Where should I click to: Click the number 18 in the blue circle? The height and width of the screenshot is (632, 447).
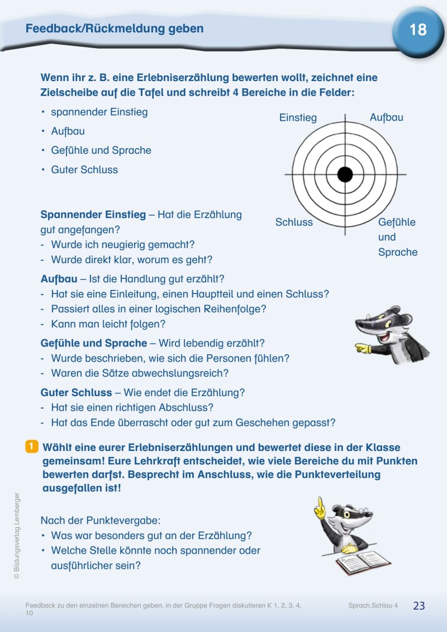pyautogui.click(x=418, y=30)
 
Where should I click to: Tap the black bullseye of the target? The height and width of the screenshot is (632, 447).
pyautogui.click(x=345, y=175)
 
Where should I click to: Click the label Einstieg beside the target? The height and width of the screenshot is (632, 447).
pyautogui.click(x=298, y=118)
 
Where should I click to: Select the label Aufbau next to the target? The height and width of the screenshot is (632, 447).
pyautogui.click(x=386, y=117)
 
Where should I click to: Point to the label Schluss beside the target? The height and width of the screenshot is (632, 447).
pyautogui.click(x=294, y=222)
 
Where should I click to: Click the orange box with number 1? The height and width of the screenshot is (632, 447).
pyautogui.click(x=32, y=446)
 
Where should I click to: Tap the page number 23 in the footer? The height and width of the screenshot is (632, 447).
pyautogui.click(x=419, y=606)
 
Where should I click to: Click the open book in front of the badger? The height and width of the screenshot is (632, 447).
pyautogui.click(x=364, y=562)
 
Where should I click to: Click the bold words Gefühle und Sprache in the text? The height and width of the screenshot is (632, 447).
pyautogui.click(x=93, y=343)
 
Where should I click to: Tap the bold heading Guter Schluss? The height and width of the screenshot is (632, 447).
pyautogui.click(x=76, y=393)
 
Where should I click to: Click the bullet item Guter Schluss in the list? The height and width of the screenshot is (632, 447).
pyautogui.click(x=84, y=170)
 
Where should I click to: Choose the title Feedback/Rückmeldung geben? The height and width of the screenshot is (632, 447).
pyautogui.click(x=115, y=28)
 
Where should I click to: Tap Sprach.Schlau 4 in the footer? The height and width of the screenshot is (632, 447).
pyautogui.click(x=373, y=606)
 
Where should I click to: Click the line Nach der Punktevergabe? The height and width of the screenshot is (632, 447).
pyautogui.click(x=101, y=520)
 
